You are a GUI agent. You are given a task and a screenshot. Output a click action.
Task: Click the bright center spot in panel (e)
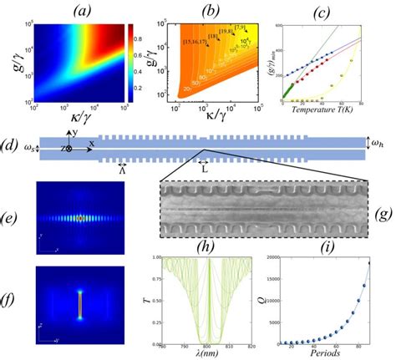tap(80, 219)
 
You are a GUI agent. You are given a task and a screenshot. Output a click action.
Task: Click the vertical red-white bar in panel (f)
tap(80, 304)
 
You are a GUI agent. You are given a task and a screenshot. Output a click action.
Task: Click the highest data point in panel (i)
tap(368, 264)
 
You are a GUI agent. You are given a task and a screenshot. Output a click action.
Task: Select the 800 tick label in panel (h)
tap(202, 342)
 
